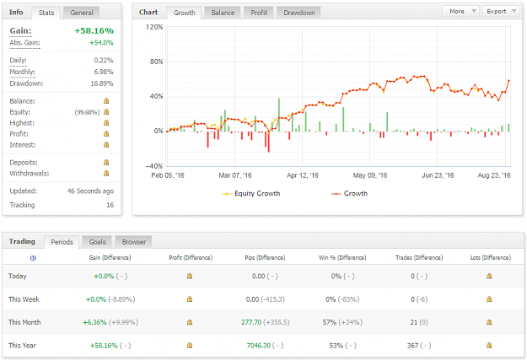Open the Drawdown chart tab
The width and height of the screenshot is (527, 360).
298,13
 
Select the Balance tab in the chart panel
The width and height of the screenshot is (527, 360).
223,13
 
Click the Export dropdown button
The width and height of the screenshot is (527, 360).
501,12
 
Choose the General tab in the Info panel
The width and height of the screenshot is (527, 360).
82,13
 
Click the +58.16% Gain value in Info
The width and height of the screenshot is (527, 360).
94,30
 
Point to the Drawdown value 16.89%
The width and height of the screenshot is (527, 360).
102,83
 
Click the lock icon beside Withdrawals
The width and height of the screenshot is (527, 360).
106,174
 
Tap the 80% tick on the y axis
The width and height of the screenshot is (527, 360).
157,62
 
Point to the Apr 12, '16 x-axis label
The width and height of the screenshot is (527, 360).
303,175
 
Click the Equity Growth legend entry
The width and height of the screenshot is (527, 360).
251,194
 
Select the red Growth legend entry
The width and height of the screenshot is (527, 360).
350,194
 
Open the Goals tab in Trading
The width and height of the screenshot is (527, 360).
98,242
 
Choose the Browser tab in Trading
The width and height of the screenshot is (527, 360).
134,242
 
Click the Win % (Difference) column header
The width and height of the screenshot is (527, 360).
342,258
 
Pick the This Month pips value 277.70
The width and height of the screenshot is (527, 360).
251,322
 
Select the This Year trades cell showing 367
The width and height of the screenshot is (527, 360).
412,346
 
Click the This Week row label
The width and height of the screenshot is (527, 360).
24,299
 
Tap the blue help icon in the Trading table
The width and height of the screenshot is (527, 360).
33,258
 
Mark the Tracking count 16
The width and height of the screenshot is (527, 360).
110,205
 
